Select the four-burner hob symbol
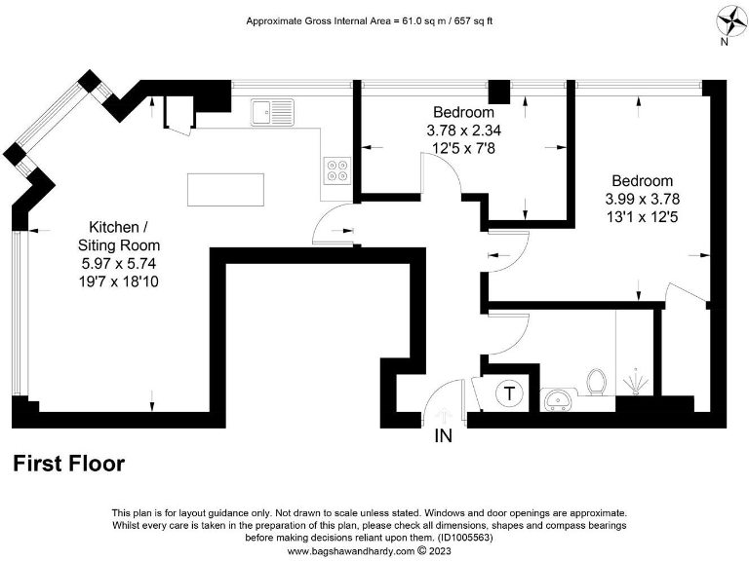(337, 170)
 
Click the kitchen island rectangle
(225, 189)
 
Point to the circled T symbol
(509, 393)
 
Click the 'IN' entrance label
(444, 436)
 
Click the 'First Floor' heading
(68, 464)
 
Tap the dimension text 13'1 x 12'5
(642, 216)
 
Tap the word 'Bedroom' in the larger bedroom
(642, 181)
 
